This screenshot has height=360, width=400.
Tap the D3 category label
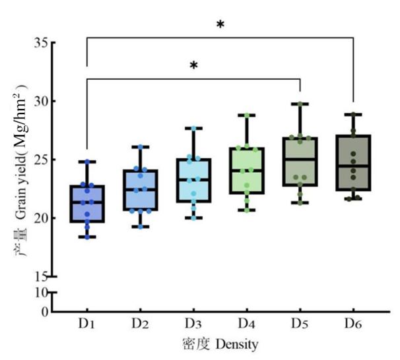click(x=193, y=324)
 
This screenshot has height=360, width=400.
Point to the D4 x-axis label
click(x=247, y=324)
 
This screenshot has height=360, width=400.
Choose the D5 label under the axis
click(x=300, y=324)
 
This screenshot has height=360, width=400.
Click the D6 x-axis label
click(x=354, y=324)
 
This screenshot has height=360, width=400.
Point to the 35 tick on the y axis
click(x=40, y=44)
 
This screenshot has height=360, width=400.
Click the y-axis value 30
click(x=40, y=102)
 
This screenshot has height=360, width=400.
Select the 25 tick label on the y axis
click(x=40, y=160)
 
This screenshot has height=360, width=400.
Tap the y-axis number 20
click(x=40, y=218)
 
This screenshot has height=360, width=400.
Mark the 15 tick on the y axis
click(x=40, y=276)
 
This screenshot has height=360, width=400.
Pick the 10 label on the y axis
click(x=40, y=292)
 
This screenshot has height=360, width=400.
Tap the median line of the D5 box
click(x=300, y=159)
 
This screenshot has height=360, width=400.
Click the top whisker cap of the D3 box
click(x=193, y=128)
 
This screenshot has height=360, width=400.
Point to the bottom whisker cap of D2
click(x=140, y=227)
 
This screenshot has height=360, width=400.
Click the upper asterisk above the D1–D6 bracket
click(x=220, y=25)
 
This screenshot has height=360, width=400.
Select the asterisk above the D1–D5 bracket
click(x=194, y=66)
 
